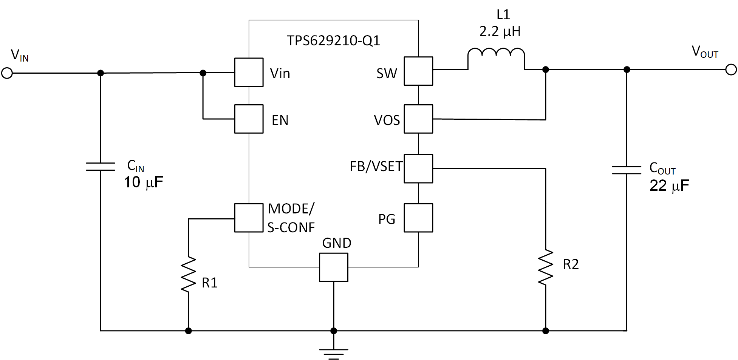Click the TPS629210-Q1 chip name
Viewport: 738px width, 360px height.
coord(333,40)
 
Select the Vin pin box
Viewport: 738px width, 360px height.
coord(249,72)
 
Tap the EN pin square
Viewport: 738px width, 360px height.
coord(249,119)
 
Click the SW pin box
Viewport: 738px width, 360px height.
coord(418,71)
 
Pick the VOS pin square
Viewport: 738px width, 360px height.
coord(418,119)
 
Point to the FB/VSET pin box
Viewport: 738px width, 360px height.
coord(418,168)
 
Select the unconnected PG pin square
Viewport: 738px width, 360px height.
coord(418,218)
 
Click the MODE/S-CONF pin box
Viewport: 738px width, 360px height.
coord(249,218)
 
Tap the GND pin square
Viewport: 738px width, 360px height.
coord(333,267)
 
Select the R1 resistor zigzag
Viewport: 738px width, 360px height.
coord(188,275)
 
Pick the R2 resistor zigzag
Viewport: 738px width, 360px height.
coord(545,267)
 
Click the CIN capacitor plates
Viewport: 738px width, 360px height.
coord(100,167)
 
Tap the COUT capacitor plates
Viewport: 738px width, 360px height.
coord(626,170)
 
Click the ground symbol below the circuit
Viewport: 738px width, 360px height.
coord(333,353)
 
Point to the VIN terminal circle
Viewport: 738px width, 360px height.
coord(7,73)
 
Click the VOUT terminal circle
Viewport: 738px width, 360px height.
coord(731,70)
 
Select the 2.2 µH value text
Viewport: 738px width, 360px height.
coord(500,31)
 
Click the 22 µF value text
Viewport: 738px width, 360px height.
coord(669,186)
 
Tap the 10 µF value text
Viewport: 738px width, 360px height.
coord(143,182)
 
